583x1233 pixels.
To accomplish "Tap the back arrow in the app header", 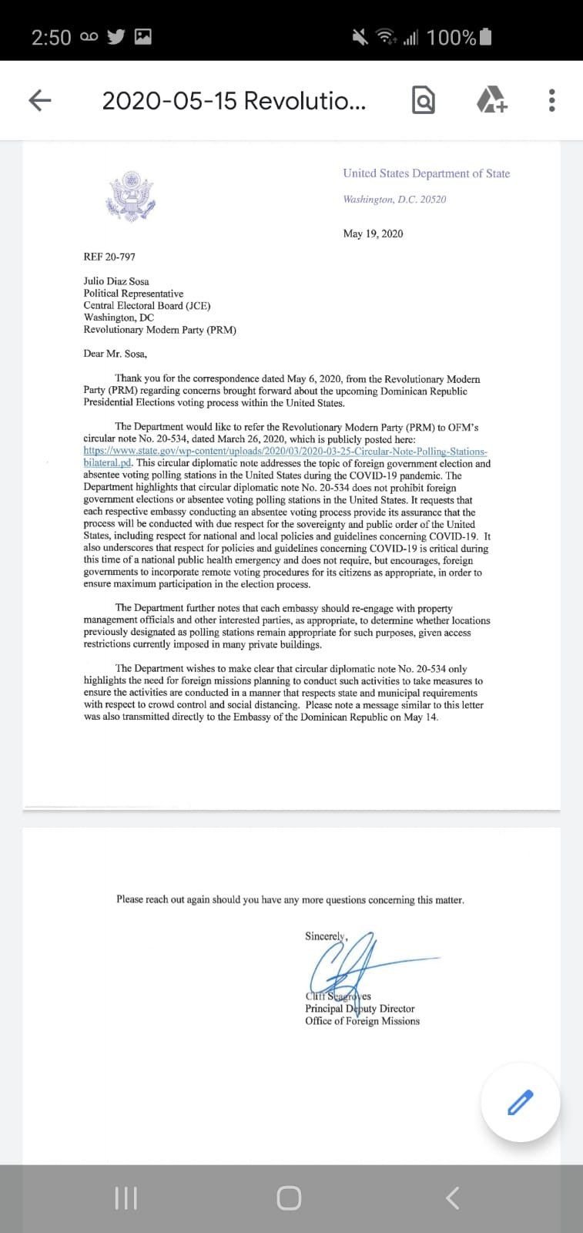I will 40,100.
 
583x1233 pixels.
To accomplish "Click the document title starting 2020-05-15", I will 233,101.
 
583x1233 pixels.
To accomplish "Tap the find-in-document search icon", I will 424,100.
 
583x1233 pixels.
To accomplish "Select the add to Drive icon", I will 491,100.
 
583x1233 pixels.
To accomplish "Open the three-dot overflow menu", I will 551,100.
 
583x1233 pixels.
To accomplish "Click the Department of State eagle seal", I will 130,196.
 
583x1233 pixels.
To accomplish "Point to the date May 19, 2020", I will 373,233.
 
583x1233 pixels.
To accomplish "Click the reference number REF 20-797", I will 109,257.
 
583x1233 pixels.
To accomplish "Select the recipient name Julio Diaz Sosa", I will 116,281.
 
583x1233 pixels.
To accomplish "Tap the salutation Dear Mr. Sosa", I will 115,354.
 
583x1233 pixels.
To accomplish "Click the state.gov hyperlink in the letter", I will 285,452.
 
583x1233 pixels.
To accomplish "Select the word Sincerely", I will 326,936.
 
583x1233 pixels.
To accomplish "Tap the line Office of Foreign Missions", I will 362,1021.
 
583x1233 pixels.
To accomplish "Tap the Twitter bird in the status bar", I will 116,36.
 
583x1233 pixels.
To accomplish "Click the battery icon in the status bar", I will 485,36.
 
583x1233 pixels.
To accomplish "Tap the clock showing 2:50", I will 51,37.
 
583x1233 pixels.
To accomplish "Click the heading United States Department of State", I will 426,173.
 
